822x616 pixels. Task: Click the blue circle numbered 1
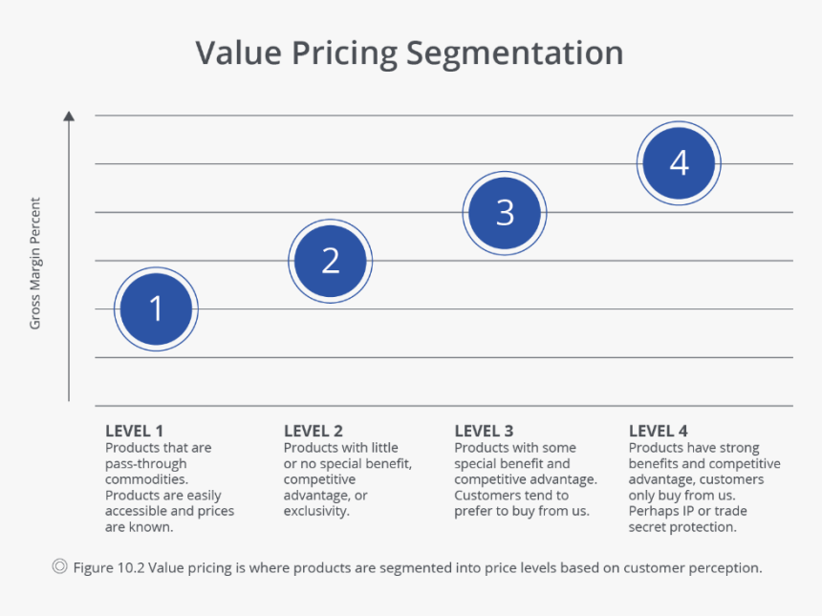click(x=156, y=308)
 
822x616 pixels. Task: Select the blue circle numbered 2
click(x=330, y=261)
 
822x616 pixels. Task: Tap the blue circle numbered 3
click(x=505, y=213)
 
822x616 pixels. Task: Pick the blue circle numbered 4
click(x=679, y=163)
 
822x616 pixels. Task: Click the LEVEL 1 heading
click(x=134, y=431)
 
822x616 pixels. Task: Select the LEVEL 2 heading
click(x=313, y=431)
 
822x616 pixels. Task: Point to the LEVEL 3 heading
click(x=484, y=431)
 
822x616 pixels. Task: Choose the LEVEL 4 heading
click(x=658, y=431)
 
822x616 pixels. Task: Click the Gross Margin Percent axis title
click(x=35, y=263)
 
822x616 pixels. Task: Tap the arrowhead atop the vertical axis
click(x=69, y=117)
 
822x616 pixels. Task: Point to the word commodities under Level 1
click(x=146, y=479)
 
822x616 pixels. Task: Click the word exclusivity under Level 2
click(x=315, y=511)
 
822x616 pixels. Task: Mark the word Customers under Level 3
click(x=487, y=496)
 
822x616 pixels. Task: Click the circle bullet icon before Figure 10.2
click(x=59, y=567)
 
